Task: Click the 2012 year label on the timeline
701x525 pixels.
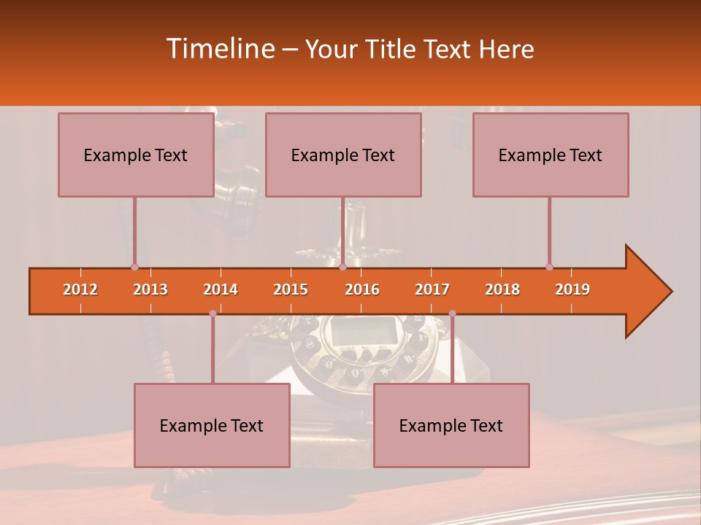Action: [x=80, y=289]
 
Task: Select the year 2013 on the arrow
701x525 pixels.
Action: [x=150, y=289]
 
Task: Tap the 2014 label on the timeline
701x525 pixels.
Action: [x=221, y=289]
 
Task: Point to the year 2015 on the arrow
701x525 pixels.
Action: [x=291, y=289]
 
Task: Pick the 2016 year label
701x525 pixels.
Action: [x=362, y=289]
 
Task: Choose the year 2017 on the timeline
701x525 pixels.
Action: [x=432, y=289]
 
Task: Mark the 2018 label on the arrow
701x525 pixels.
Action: [x=502, y=289]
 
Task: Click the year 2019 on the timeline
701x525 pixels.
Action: [x=572, y=289]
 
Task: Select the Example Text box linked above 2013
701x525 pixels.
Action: [x=136, y=155]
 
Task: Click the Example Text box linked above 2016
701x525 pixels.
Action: [x=343, y=155]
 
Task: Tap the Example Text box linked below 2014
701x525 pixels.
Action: [x=212, y=425]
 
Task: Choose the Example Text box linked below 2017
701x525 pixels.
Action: [x=451, y=425]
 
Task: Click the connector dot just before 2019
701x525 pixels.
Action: [x=549, y=267]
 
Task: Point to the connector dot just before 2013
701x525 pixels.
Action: [x=134, y=267]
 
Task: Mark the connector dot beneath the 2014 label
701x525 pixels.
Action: [x=212, y=314]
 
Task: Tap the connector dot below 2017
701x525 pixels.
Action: [x=452, y=314]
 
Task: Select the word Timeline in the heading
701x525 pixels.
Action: [x=219, y=49]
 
